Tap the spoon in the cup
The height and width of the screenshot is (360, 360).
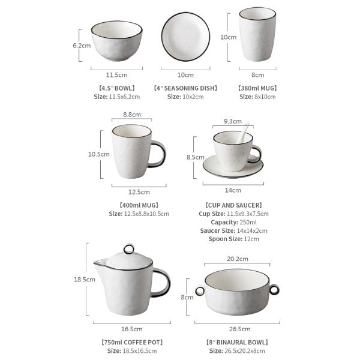[244, 132]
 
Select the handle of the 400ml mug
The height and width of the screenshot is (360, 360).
[158, 154]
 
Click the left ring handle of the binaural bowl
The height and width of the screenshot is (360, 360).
[200, 291]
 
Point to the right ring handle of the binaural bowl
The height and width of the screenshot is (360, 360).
[274, 290]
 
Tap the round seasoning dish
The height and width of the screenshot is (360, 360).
[185, 37]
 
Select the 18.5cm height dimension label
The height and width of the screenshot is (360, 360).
[84, 280]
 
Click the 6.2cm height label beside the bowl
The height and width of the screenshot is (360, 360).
[82, 46]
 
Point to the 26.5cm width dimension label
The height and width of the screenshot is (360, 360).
[239, 329]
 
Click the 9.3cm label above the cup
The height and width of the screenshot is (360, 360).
[233, 121]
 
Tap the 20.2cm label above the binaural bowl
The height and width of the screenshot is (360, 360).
[238, 259]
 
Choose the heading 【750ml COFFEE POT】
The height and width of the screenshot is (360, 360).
[132, 343]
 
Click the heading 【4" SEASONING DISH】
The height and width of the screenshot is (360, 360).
[185, 88]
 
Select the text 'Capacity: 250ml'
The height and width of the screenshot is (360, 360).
[234, 222]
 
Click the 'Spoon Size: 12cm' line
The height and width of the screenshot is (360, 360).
[234, 239]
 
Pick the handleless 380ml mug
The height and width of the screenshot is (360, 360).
[257, 34]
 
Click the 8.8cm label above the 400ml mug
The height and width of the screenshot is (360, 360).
[132, 115]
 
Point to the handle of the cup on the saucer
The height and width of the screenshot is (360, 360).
[256, 154]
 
